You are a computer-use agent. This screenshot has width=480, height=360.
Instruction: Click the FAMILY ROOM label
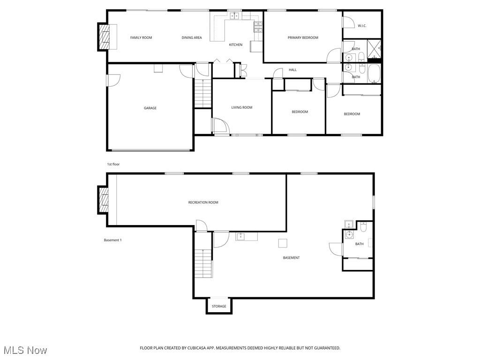point(141,37)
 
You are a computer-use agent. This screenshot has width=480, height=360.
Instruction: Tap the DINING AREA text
point(192,37)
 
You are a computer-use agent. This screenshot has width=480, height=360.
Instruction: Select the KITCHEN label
point(235,45)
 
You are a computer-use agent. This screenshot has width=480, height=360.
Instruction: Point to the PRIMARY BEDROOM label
point(303,37)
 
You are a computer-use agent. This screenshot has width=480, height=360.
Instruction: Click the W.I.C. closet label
point(362,25)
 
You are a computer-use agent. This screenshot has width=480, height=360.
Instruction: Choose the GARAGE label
point(150,108)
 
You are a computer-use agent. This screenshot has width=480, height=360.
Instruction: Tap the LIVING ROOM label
point(242,107)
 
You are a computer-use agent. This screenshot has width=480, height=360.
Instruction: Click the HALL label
point(292,70)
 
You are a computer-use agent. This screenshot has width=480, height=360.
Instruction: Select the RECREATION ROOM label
point(203,202)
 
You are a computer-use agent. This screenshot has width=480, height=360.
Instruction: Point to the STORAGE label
point(219,306)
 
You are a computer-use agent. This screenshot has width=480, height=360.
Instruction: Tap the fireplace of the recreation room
point(104,200)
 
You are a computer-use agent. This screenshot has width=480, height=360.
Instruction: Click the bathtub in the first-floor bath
point(374,74)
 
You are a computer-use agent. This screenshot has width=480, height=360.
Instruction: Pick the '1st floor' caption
point(113,164)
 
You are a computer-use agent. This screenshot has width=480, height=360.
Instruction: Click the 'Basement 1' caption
point(112,240)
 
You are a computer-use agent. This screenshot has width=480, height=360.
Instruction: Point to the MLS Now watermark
point(25,350)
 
